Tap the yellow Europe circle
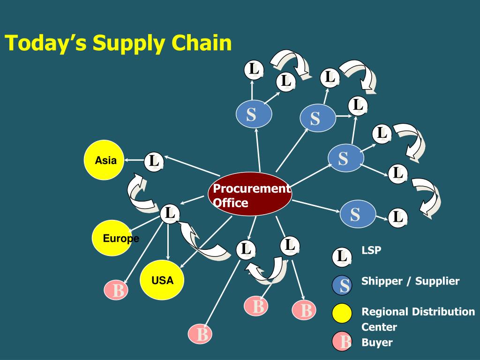coord(112,238)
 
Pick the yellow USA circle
coord(162,280)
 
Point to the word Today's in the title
coord(46,44)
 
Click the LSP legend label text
coord(371,250)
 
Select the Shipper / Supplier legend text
coord(410,281)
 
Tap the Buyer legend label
coord(377,342)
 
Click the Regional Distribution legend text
coord(418,312)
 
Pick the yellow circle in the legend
coord(342,314)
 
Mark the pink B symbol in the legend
coord(342,342)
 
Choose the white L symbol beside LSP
coord(341,256)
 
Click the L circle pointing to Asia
coord(153,161)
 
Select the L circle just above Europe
coord(169,214)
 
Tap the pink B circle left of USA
coord(118,291)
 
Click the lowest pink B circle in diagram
coord(201,335)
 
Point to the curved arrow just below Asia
coord(140,193)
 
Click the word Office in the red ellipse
coord(231,203)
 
